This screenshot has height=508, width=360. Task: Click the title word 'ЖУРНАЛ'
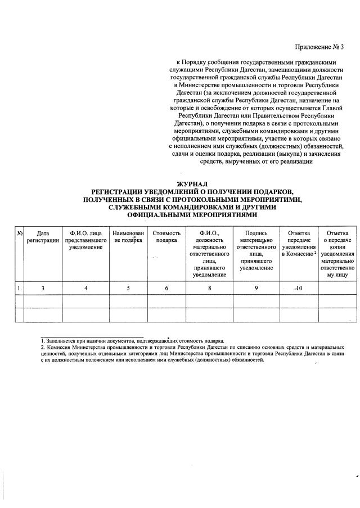[192, 184]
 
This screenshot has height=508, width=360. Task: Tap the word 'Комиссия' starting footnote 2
[56, 348]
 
